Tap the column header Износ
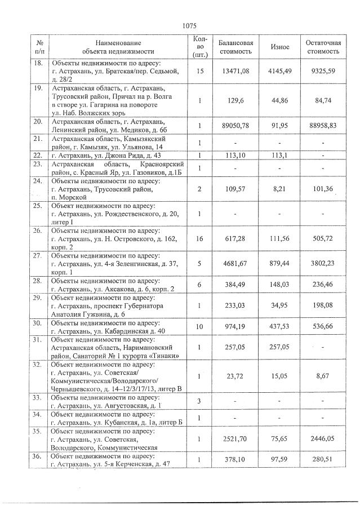280,47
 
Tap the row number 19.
39,88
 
